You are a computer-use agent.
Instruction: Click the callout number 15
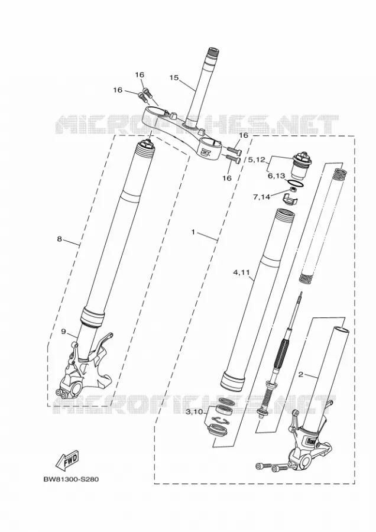click(174, 77)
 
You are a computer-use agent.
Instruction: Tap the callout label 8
click(59, 239)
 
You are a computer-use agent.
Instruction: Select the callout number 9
click(63, 331)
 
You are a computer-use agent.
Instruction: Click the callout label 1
click(193, 232)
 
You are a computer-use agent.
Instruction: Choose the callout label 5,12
click(256, 160)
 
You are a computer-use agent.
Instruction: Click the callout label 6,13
click(276, 176)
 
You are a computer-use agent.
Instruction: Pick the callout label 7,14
click(261, 196)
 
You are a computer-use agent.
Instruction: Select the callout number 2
click(301, 375)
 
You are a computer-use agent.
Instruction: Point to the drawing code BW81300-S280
click(71, 480)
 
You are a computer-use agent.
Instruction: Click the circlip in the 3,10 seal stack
click(219, 421)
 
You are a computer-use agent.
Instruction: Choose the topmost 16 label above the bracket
click(140, 74)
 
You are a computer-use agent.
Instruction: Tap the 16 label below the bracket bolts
click(226, 178)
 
